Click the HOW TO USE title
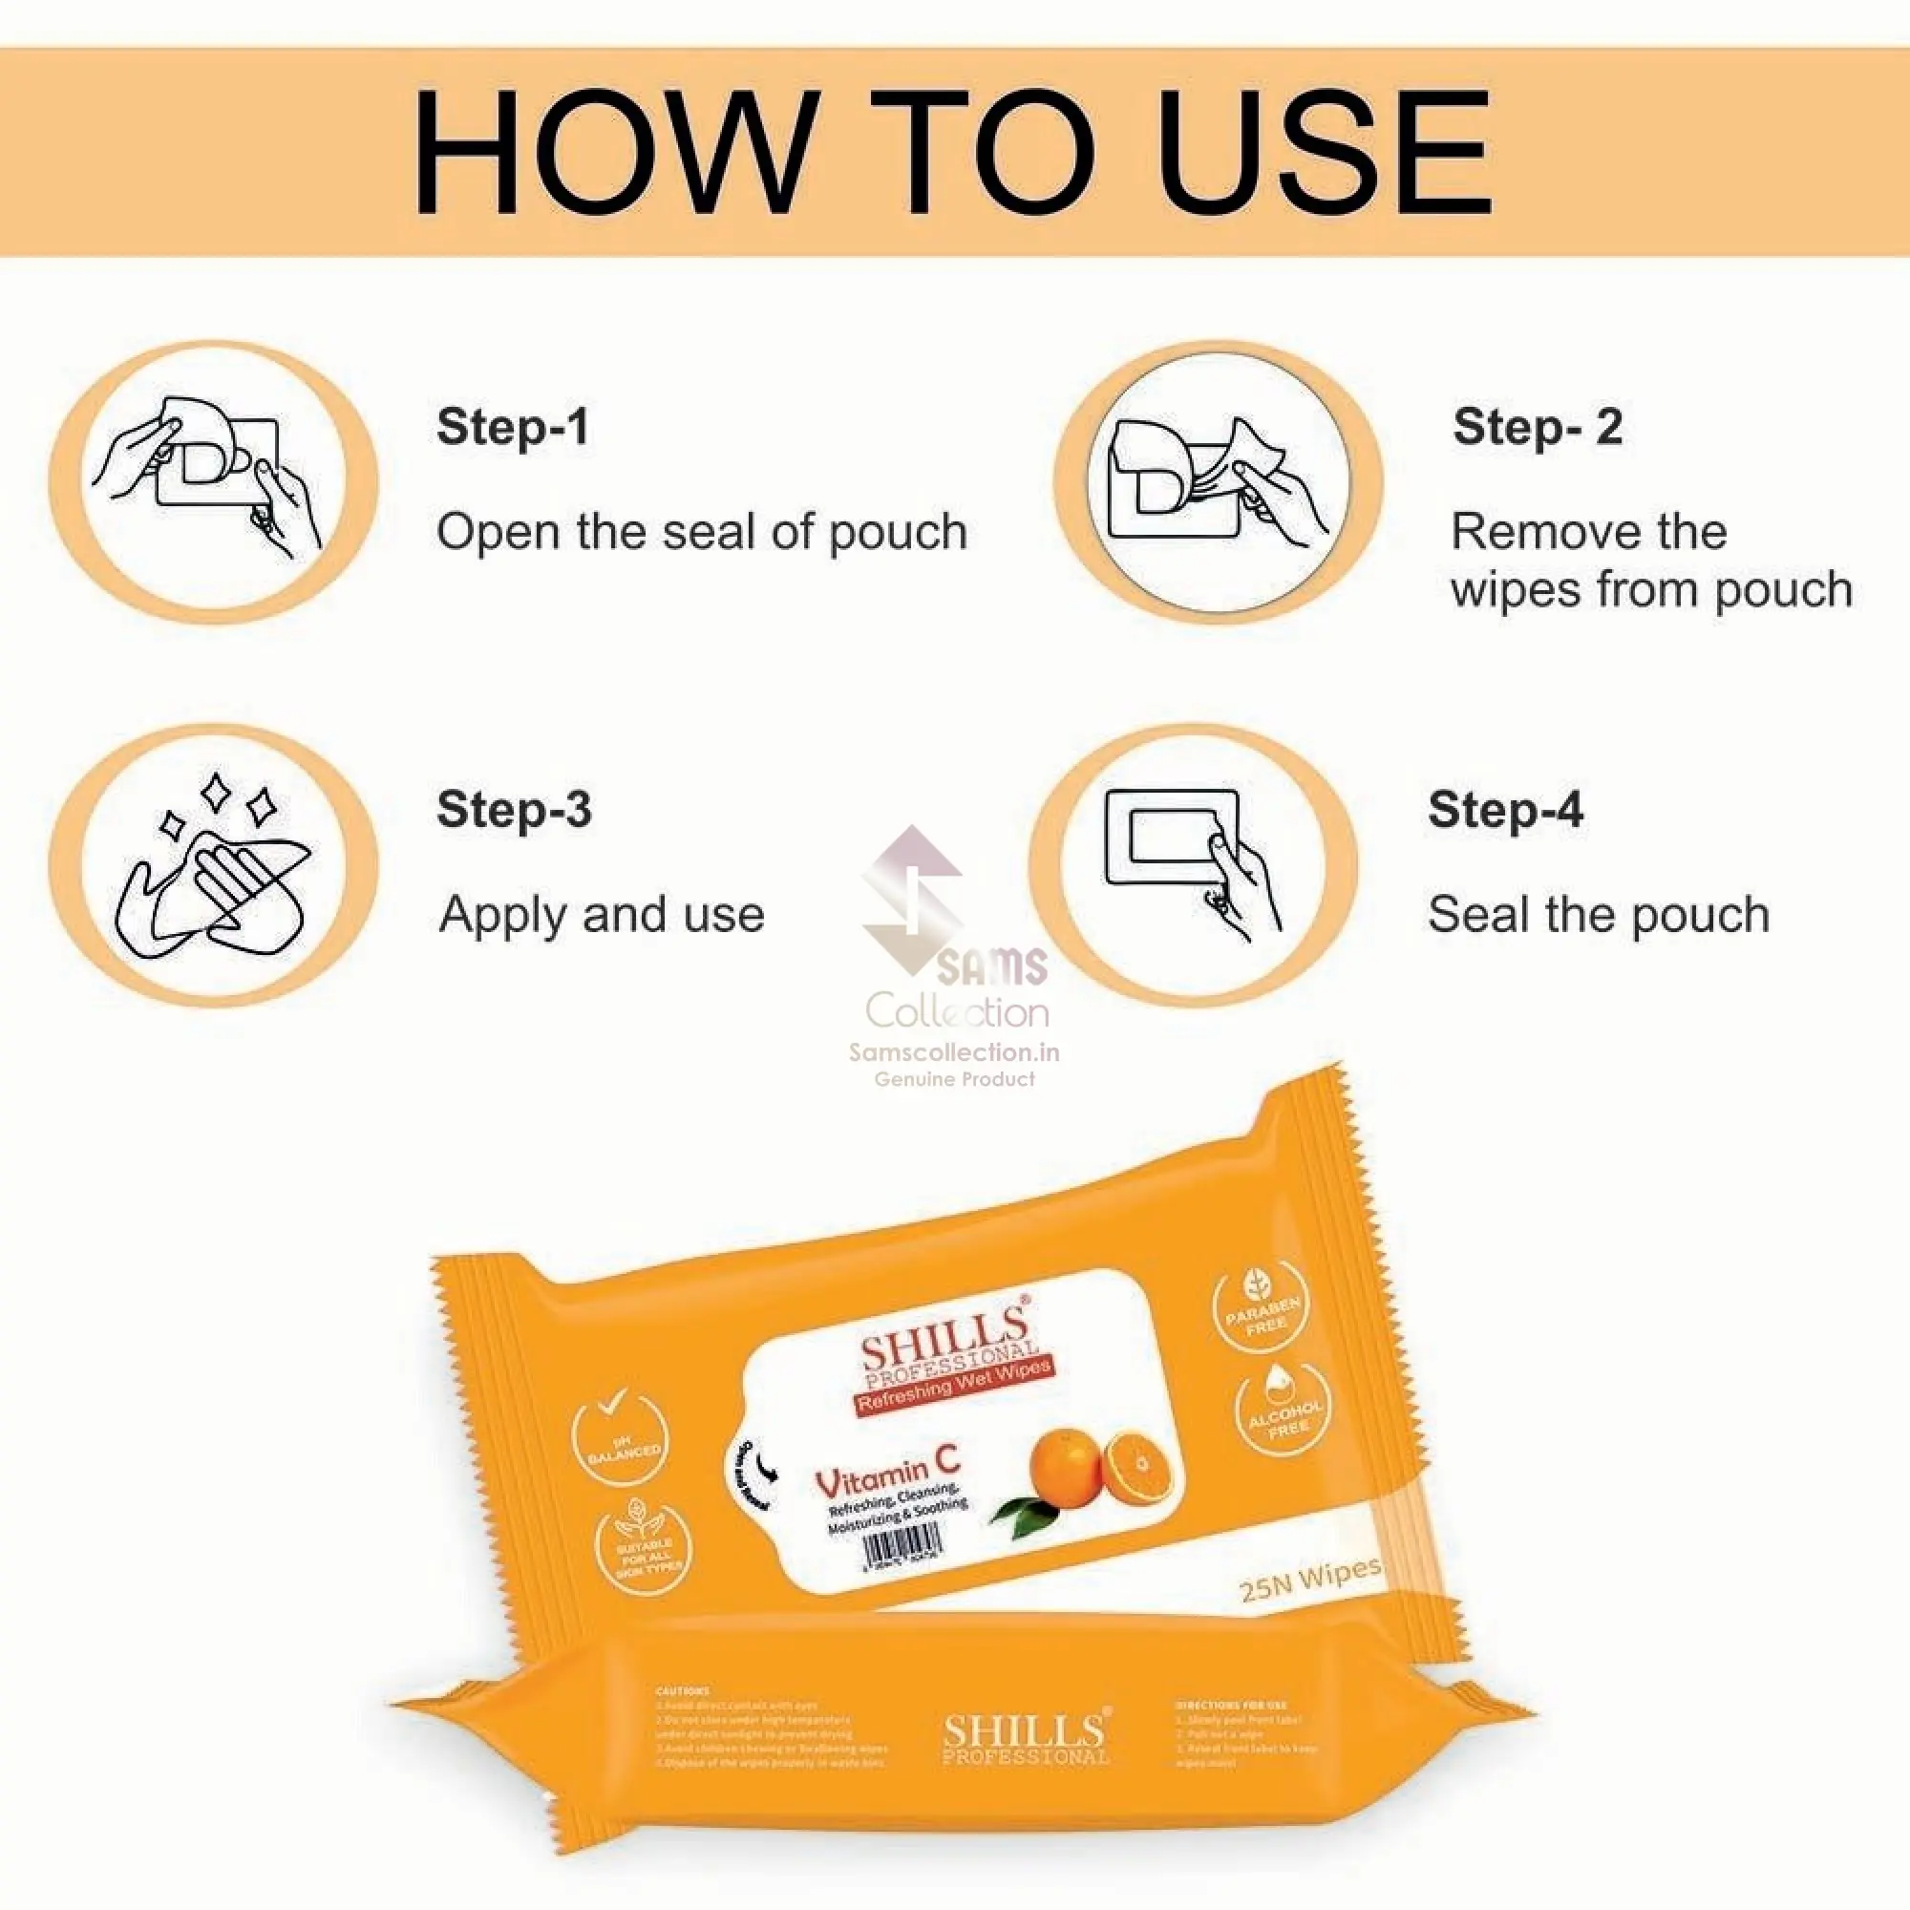pyautogui.click(x=951, y=152)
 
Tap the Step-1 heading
pyautogui.click(x=512, y=427)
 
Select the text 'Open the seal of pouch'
pyautogui.click(x=701, y=532)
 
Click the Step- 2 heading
pyautogui.click(x=1537, y=427)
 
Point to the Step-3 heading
pyautogui.click(x=513, y=809)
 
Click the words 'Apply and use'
pyautogui.click(x=601, y=914)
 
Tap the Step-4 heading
pyautogui.click(x=1505, y=809)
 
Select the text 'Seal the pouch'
pyautogui.click(x=1598, y=914)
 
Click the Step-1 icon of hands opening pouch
pyautogui.click(x=213, y=481)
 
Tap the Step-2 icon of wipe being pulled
pyautogui.click(x=1218, y=481)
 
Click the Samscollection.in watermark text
pyautogui.click(x=954, y=1051)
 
